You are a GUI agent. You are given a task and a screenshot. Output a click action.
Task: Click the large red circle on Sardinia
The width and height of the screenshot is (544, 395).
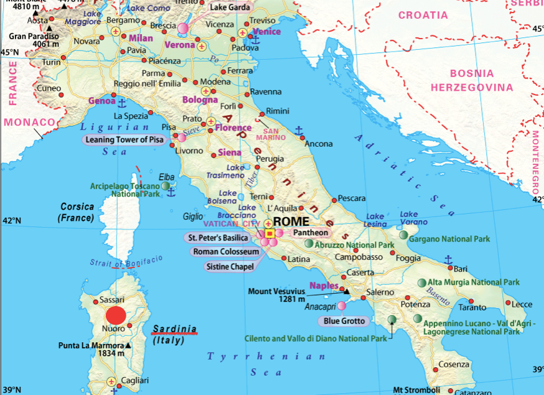116,315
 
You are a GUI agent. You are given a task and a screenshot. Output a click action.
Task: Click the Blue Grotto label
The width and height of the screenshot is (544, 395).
343,322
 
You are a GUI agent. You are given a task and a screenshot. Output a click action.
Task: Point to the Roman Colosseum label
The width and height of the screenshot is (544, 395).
225,252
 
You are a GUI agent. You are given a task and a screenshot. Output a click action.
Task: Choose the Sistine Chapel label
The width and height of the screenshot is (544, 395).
230,267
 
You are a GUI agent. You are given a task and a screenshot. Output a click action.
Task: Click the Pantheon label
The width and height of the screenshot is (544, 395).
311,233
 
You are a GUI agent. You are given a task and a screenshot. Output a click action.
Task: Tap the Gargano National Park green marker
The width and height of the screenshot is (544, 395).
404,235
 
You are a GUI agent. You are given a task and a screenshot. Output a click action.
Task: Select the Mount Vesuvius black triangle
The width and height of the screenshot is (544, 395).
347,290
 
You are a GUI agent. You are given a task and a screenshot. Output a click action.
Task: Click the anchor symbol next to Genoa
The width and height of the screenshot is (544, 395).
122,101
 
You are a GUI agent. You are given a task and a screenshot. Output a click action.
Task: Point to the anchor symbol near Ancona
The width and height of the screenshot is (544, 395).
299,131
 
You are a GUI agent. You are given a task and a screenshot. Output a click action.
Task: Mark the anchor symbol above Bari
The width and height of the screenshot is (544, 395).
448,259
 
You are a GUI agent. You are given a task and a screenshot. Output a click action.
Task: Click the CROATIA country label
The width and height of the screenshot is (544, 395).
423,15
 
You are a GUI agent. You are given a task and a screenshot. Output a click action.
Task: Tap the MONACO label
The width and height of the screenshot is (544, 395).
26,123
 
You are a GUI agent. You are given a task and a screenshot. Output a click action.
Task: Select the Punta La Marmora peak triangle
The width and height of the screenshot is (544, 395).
128,346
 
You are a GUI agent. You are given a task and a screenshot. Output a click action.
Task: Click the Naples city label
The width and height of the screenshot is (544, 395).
323,286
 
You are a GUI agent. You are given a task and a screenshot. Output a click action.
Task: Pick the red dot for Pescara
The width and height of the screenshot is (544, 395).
334,200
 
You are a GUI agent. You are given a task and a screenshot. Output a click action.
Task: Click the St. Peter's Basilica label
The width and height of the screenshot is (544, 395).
218,238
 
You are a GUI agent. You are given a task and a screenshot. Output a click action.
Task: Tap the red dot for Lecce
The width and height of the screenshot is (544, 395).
508,304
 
